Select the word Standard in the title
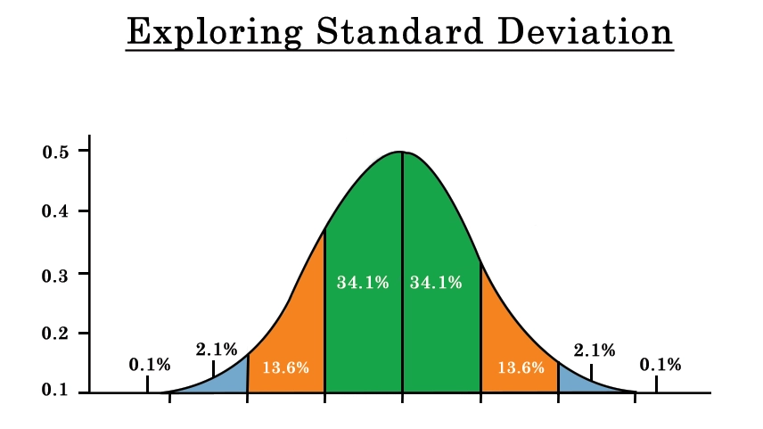[400, 31]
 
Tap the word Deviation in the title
[586, 31]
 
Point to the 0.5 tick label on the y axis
[56, 152]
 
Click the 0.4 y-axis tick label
[56, 211]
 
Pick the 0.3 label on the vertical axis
[56, 276]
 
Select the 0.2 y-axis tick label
[56, 334]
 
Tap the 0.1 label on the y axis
[55, 390]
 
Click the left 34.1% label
[363, 283]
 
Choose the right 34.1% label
[436, 283]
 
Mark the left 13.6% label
[285, 367]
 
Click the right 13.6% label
[521, 367]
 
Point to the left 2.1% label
[217, 349]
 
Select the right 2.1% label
[595, 350]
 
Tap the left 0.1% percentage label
[150, 364]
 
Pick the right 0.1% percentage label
[660, 364]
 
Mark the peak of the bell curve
[402, 152]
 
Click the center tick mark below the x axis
[402, 398]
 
